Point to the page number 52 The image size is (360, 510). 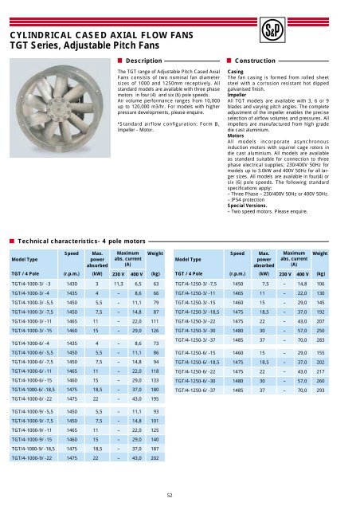(x=180, y=495)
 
